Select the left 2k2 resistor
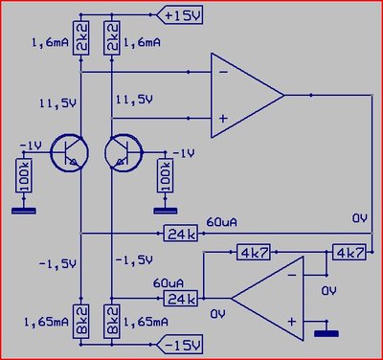[80, 38]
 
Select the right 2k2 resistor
[112, 38]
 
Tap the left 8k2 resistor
[80, 322]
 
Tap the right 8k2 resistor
[112, 322]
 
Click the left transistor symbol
[69, 153]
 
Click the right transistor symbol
[124, 153]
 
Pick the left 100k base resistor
[24, 175]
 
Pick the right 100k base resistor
[165, 175]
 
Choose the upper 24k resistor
[181, 234]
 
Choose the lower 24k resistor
[181, 299]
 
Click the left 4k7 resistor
[254, 252]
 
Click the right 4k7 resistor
[349, 252]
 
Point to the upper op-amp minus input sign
[223, 72]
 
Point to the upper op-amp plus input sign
[223, 119]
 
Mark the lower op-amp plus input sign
[292, 322]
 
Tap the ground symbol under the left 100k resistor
[24, 211]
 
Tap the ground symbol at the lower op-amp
[327, 333]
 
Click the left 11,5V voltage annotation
[57, 103]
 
